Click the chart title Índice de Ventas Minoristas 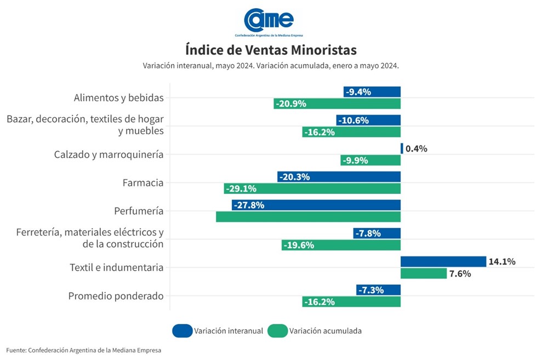(x=271, y=50)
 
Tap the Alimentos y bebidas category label (x=118, y=98)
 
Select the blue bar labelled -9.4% (x=372, y=92)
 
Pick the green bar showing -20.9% (x=337, y=104)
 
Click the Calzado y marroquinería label (x=109, y=155)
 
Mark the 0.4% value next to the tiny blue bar (x=417, y=149)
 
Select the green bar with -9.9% (x=370, y=161)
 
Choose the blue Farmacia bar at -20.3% (x=339, y=177)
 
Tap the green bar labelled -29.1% (x=312, y=188)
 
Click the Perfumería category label (x=139, y=211)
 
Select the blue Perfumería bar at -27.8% (x=316, y=205)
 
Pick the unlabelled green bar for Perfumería (x=308, y=217)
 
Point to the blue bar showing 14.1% (x=443, y=262)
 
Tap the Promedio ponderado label (x=116, y=296)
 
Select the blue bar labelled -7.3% (x=378, y=290)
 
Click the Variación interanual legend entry (x=218, y=331)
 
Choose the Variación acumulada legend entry (x=315, y=331)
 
